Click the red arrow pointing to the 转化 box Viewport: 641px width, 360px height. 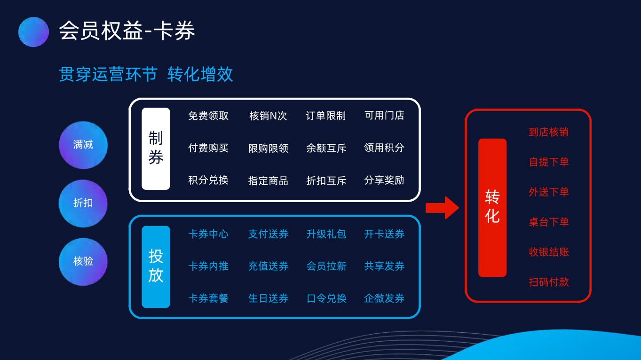(x=443, y=208)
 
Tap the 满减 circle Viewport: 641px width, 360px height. (x=83, y=145)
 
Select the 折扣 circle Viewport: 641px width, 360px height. (x=83, y=203)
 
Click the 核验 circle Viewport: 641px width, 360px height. (x=83, y=262)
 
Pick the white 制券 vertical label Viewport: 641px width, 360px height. (x=156, y=149)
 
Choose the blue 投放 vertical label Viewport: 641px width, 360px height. (x=156, y=267)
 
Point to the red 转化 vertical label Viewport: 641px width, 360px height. (x=492, y=208)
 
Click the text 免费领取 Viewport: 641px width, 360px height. (x=208, y=116)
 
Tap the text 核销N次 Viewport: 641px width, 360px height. (x=268, y=116)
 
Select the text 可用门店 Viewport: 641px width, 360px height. (x=384, y=116)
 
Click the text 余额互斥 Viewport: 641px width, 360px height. (x=326, y=148)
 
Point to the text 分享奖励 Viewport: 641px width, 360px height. (x=384, y=180)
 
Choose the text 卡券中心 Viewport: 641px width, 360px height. (x=208, y=234)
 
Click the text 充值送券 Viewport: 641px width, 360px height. (x=268, y=266)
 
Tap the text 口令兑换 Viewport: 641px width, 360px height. (x=326, y=298)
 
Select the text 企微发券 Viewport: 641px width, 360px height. (x=384, y=298)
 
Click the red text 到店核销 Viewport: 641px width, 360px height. (x=549, y=132)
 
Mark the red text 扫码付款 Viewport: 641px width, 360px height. (x=549, y=282)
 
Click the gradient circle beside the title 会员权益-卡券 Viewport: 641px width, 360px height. (x=33, y=32)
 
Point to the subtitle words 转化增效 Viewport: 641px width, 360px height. (x=200, y=74)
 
